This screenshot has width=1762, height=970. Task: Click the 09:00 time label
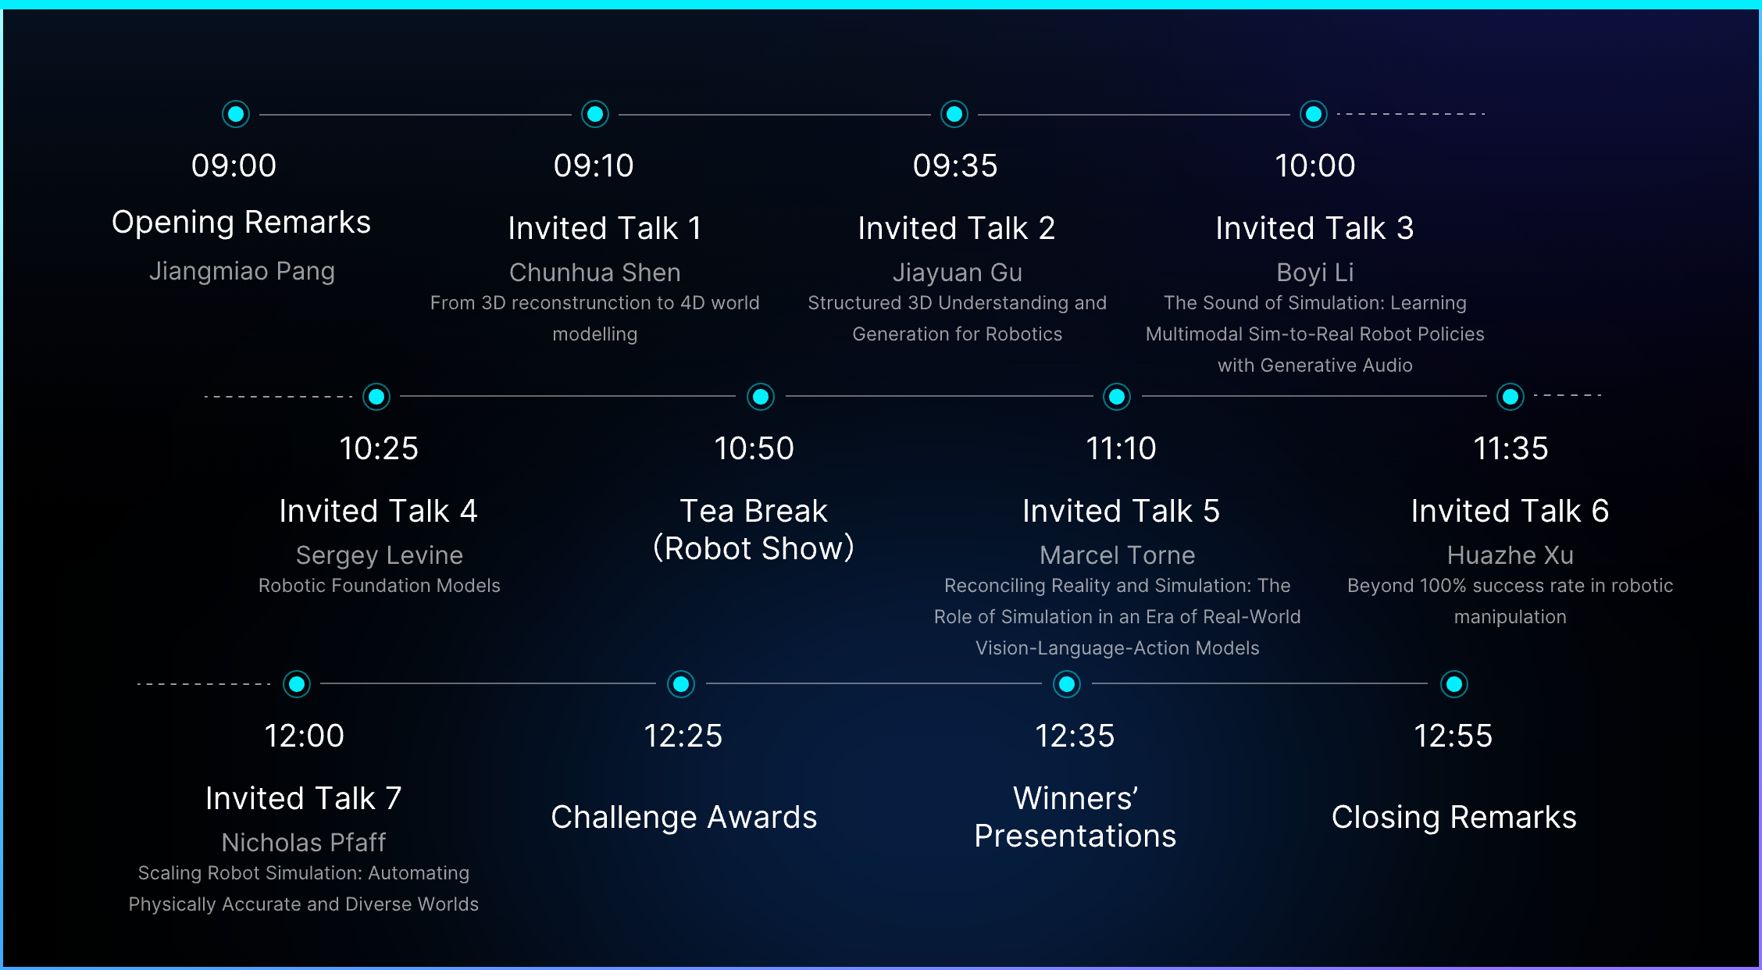(234, 166)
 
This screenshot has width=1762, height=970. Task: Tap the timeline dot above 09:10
(595, 114)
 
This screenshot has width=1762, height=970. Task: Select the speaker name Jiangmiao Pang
(242, 271)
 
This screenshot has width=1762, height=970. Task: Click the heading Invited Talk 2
(956, 228)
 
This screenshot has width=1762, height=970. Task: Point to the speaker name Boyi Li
(1314, 273)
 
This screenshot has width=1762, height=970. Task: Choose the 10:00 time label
(1314, 166)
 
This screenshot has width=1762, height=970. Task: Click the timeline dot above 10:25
(376, 397)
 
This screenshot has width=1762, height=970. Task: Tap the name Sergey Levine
(380, 555)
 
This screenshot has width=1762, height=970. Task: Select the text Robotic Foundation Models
(380, 586)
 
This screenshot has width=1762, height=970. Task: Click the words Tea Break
(754, 511)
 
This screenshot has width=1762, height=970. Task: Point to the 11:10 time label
(1121, 448)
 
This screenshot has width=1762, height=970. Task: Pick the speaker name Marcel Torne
(1117, 555)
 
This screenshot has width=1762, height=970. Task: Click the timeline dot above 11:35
(1511, 397)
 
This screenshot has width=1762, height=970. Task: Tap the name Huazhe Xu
(1510, 555)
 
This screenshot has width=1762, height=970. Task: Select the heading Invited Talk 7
(304, 798)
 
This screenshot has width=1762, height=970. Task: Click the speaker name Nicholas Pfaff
(304, 843)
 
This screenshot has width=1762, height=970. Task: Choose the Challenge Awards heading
(683, 817)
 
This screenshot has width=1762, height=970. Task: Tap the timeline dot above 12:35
(1067, 684)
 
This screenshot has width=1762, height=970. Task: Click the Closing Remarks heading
(1453, 817)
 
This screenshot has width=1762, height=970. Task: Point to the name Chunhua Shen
(595, 273)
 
